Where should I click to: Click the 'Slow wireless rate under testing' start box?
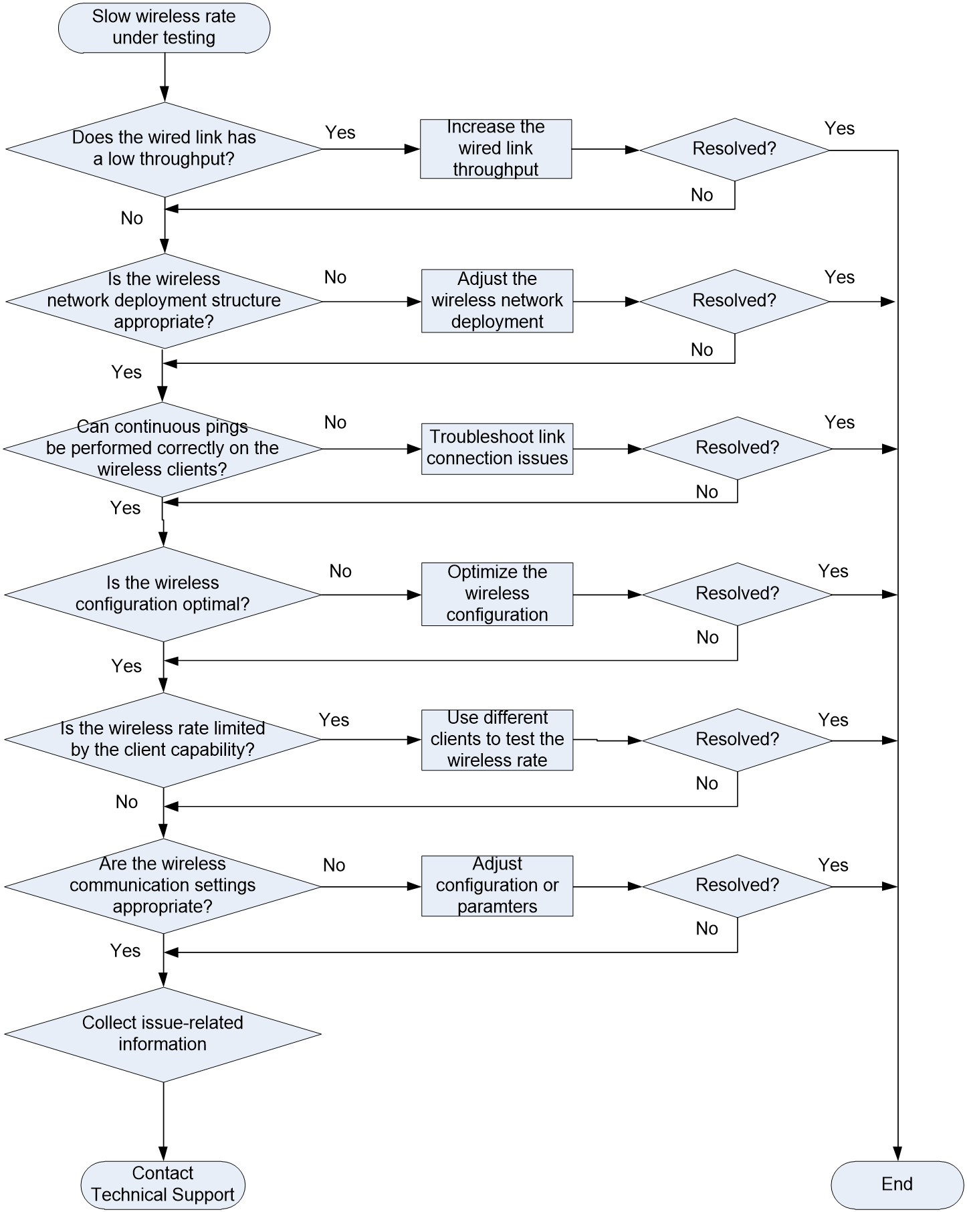click(164, 27)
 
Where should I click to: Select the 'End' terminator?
click(897, 1185)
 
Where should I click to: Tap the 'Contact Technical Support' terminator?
click(163, 1185)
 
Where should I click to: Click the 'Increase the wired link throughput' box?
click(496, 148)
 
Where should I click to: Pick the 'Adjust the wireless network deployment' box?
click(497, 301)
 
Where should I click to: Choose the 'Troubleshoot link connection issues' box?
click(497, 449)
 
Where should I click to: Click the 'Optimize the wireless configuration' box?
click(497, 594)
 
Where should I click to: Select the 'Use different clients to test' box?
click(497, 740)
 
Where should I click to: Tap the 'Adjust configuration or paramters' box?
click(497, 886)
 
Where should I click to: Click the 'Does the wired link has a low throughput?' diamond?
click(164, 149)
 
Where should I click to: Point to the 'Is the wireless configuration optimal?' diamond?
click(163, 594)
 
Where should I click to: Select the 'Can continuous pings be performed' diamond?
click(163, 449)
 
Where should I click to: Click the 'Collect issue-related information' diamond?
click(163, 1034)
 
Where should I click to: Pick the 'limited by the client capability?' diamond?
click(163, 740)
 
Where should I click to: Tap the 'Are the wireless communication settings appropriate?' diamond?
click(163, 886)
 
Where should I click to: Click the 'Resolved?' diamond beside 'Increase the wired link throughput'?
click(734, 149)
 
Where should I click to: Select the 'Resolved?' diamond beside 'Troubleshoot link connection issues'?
click(737, 448)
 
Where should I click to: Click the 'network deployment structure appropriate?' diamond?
click(164, 301)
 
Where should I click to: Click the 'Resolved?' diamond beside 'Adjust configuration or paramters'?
click(737, 886)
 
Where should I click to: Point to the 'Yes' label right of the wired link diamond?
click(340, 132)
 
